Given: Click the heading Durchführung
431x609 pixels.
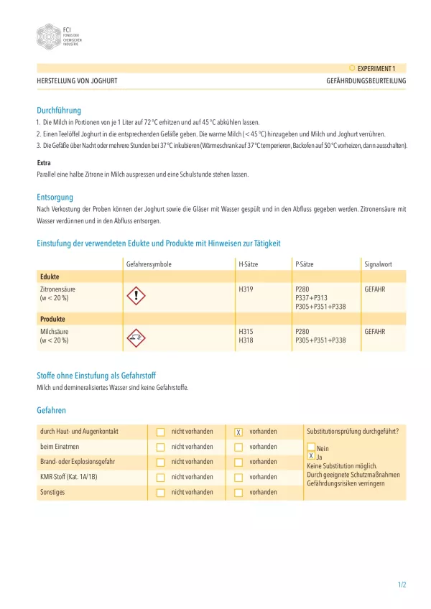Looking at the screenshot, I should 59,111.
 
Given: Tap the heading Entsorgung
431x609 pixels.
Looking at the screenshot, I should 55,197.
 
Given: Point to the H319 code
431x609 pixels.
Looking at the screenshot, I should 246,289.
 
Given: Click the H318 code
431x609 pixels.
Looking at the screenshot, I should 246,340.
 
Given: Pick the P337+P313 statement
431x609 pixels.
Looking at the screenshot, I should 311,297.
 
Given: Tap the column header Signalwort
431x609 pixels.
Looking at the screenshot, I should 379,264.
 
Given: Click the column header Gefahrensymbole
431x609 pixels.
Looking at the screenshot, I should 149,264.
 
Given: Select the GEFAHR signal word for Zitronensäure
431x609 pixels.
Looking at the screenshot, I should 375,289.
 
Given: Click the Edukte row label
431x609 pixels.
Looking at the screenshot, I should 50,276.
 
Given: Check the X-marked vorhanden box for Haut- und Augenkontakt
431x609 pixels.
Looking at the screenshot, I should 238,432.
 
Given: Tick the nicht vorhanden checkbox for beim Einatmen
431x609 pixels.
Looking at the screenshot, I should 160,447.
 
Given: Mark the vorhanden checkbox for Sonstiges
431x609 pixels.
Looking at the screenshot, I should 238,493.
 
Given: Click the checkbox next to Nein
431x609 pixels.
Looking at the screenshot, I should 310,447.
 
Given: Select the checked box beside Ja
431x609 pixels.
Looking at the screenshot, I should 310,456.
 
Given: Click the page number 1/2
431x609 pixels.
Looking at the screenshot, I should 402,585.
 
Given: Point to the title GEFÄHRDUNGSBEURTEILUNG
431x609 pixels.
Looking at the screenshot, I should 366,81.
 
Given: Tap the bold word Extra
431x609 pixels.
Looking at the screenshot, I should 44,163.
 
